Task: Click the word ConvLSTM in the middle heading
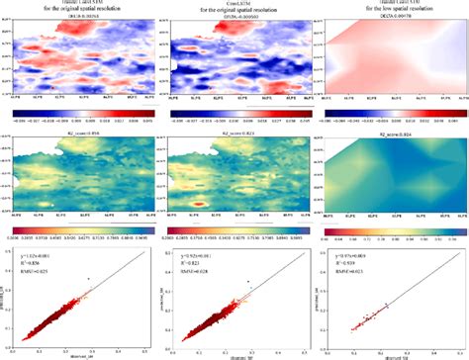234,5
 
